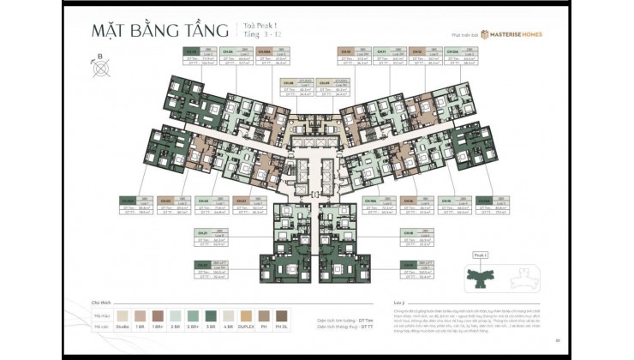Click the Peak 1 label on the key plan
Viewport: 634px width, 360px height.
(x=480, y=255)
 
